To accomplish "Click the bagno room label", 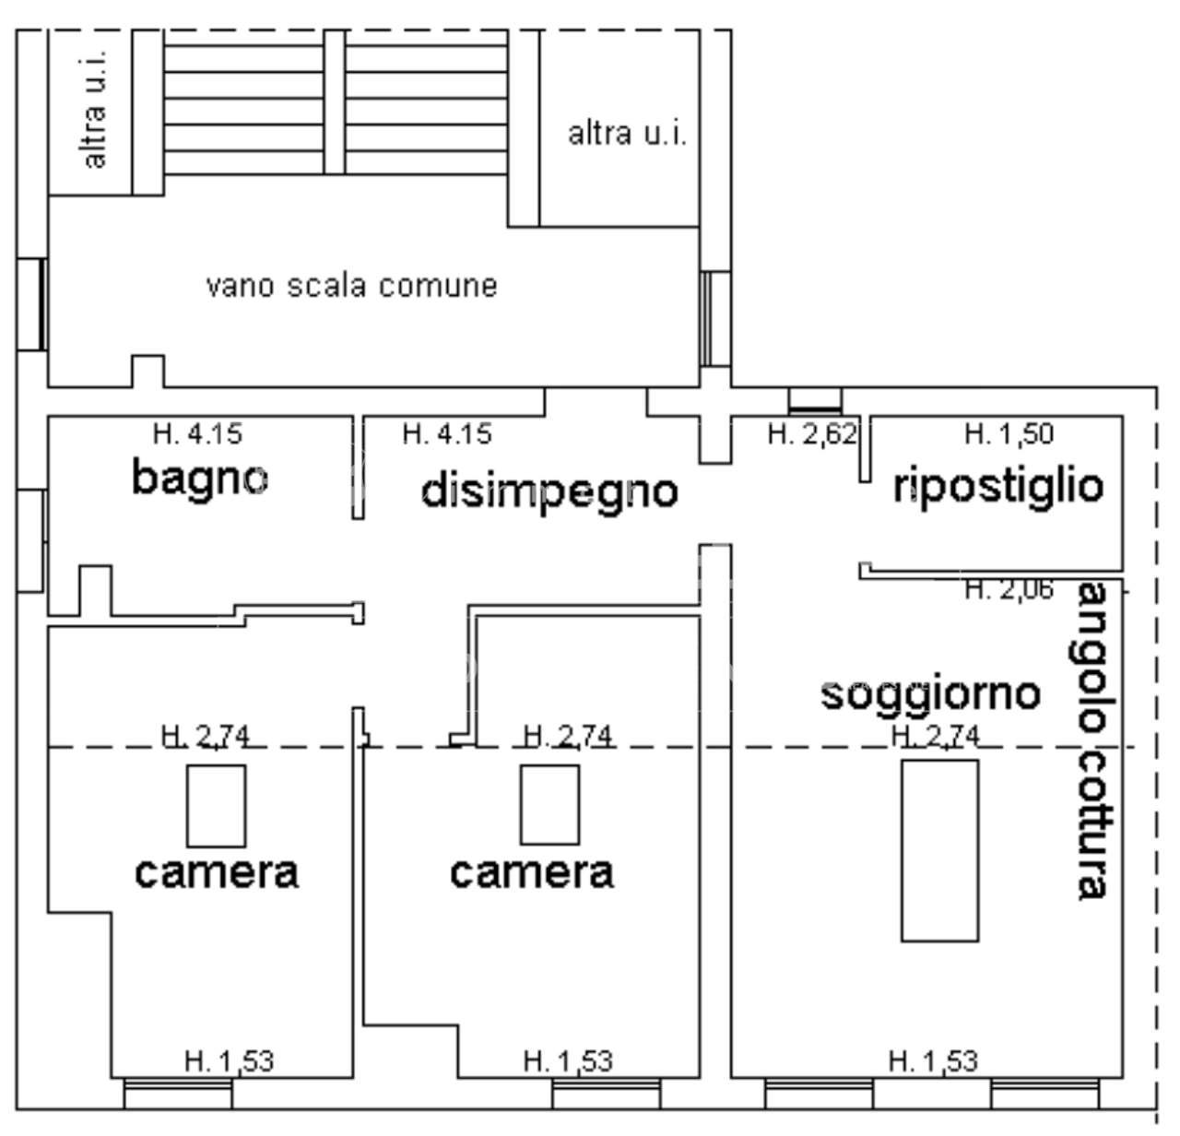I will (200, 478).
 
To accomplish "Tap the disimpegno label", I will (549, 491).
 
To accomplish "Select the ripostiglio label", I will (998, 485).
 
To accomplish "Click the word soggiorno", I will (930, 692).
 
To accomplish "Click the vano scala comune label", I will (351, 285).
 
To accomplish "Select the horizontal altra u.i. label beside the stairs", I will (627, 135).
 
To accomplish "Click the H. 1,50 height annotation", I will (1009, 432).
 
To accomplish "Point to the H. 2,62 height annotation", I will (812, 432).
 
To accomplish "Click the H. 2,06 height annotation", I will (1009, 589).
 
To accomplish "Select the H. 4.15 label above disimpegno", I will (447, 432).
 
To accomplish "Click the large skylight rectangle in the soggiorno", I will (939, 850).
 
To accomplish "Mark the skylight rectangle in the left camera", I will (217, 805).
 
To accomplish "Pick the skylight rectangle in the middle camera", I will (549, 805).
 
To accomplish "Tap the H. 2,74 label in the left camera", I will (206, 735).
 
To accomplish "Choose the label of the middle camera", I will (532, 871).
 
